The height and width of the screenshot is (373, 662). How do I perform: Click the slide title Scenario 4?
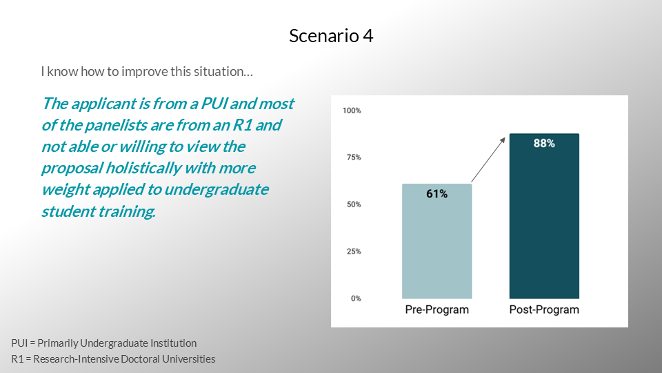[x=331, y=36]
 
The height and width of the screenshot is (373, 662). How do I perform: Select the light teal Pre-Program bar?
[x=437, y=241]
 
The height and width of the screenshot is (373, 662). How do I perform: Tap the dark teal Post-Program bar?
[x=544, y=216]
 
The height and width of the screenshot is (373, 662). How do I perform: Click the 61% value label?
[x=437, y=193]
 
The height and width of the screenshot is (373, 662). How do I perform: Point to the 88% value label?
[x=544, y=144]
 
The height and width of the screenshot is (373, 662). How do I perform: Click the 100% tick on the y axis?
[x=352, y=111]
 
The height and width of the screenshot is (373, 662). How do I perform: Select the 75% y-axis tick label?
[x=354, y=157]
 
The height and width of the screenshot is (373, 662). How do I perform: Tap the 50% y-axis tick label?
[x=354, y=204]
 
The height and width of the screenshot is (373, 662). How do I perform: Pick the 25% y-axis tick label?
[x=354, y=251]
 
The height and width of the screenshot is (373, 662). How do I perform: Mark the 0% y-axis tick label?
[x=356, y=298]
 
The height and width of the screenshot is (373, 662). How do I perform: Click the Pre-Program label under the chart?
[x=437, y=309]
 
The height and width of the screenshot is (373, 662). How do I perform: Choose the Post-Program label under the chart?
[x=544, y=309]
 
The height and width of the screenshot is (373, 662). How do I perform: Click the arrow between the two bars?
[x=488, y=160]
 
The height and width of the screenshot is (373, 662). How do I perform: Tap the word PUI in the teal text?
[x=214, y=104]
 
